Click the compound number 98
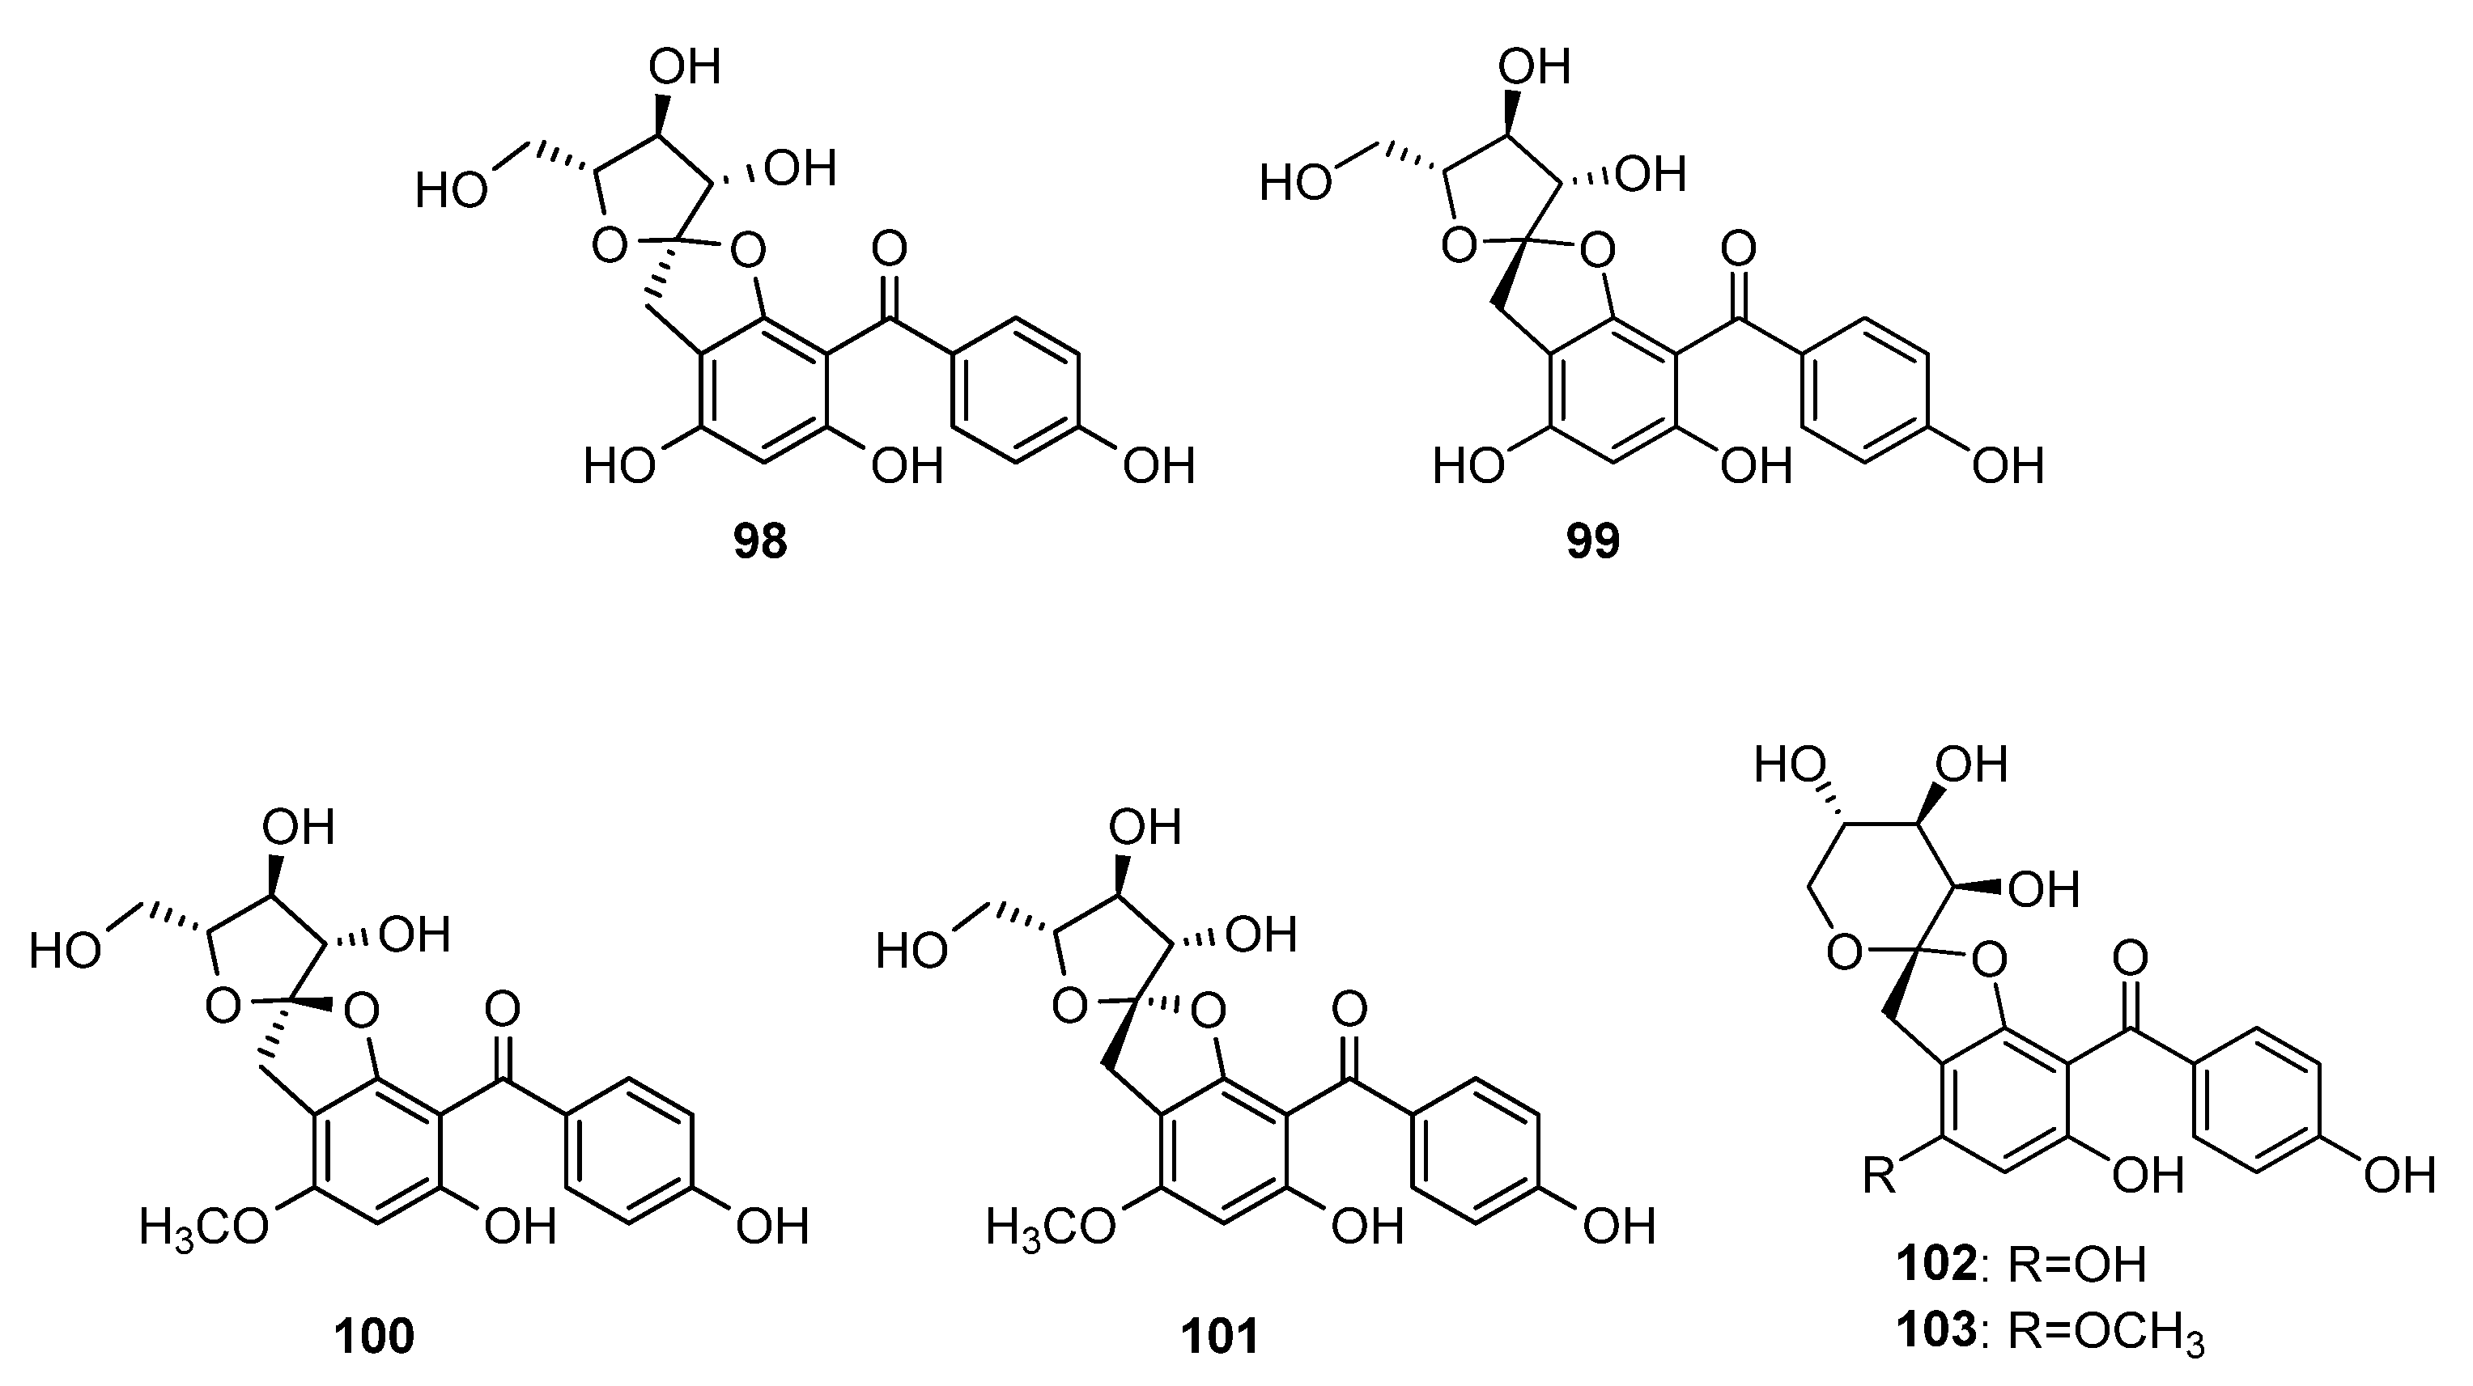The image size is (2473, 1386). point(760,542)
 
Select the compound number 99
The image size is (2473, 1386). point(1592,542)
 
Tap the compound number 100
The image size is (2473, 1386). point(375,1335)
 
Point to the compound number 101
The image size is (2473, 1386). point(1219,1335)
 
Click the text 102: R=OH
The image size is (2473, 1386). point(2020,1265)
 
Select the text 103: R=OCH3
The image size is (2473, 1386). point(2050,1333)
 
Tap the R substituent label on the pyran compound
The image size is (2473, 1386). point(1880,1175)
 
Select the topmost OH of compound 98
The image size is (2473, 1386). point(685,68)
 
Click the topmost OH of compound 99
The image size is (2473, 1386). point(1534,68)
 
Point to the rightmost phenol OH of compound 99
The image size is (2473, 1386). point(2008,467)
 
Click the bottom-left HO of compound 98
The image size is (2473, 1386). point(620,467)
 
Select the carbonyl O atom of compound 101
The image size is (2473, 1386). point(1349,1009)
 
